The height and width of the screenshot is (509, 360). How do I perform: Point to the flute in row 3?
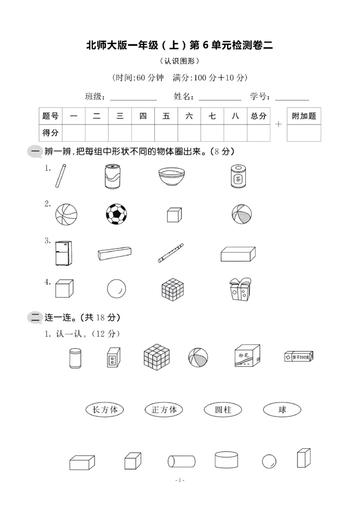(x=171, y=253)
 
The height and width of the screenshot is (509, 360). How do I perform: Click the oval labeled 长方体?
(x=104, y=410)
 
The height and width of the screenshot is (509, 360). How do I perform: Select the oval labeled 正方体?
(x=164, y=410)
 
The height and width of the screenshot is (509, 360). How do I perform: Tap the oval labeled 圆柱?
(x=223, y=410)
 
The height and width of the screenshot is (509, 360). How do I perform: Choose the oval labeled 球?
(x=282, y=410)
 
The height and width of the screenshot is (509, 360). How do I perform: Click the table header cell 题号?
(x=50, y=116)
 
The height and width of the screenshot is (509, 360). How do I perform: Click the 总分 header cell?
(x=259, y=116)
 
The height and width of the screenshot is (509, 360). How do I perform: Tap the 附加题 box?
(x=304, y=116)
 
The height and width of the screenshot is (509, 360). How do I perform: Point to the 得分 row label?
(x=50, y=133)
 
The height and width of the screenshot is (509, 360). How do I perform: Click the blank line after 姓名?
(x=220, y=98)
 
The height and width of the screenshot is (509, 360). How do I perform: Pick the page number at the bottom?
(x=180, y=480)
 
